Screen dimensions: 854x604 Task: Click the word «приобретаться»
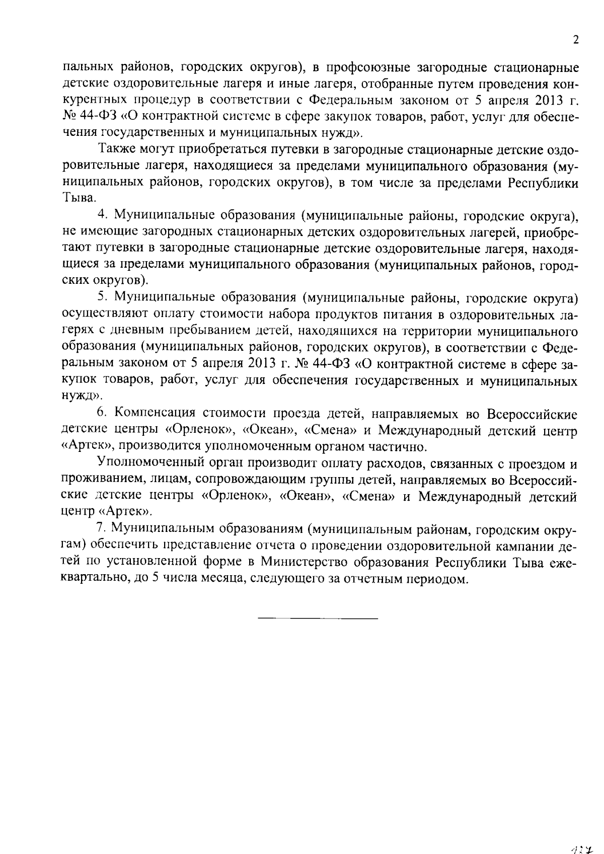click(217, 149)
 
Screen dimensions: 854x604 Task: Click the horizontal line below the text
click(318, 617)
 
